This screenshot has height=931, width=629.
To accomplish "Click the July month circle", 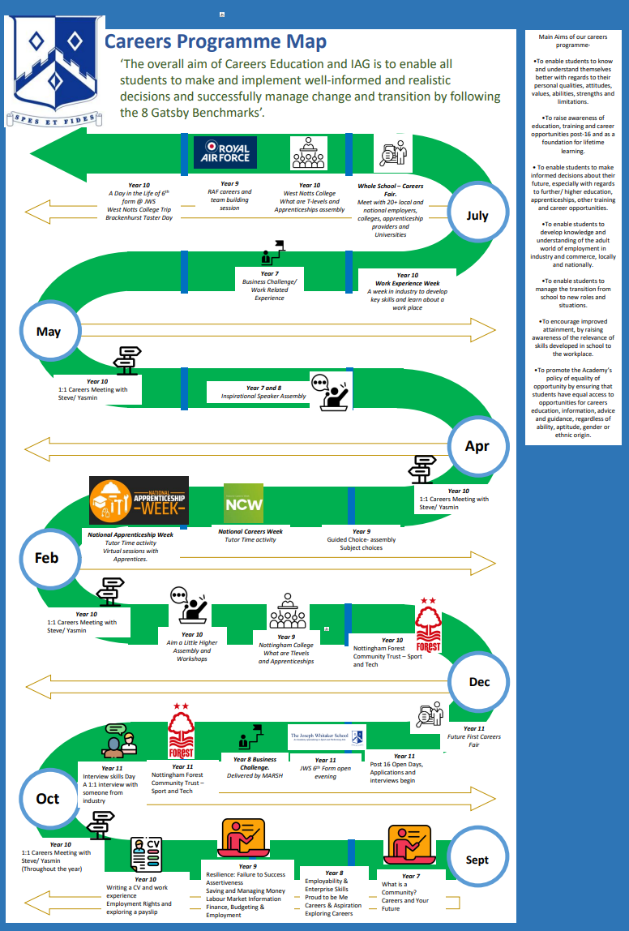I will coord(477,216).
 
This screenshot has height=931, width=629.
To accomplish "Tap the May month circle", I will coord(49,331).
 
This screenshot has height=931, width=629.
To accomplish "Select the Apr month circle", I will coord(477,446).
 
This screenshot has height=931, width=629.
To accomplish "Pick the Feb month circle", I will coord(47,558).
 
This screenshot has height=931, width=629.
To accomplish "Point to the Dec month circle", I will coord(479,682).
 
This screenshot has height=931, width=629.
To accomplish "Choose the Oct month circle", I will coord(48,799).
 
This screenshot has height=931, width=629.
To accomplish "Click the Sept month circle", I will coord(477,860).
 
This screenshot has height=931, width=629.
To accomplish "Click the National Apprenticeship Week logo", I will coord(139,500).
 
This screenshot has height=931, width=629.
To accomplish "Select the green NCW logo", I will coord(243,504).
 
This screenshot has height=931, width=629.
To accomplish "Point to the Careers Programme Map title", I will coord(216,41).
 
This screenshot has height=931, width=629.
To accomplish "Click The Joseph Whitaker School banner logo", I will coord(327,737).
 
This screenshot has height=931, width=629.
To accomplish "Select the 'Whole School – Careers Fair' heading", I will coord(391,191).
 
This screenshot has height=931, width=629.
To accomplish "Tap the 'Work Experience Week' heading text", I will coord(409,283).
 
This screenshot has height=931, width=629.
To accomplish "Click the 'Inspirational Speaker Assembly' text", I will coord(264,397).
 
